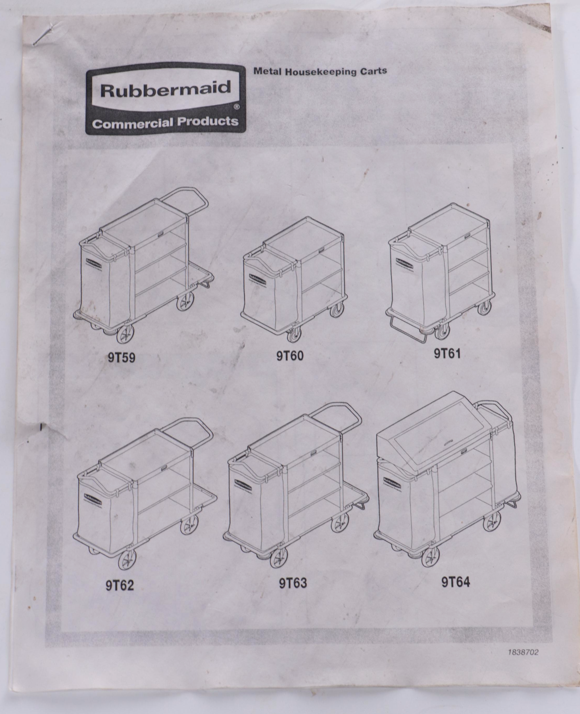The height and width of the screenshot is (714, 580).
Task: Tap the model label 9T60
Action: (290, 356)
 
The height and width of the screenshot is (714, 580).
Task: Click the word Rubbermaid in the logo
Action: (166, 89)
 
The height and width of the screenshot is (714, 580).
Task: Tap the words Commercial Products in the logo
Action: (165, 122)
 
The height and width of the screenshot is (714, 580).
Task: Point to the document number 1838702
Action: (523, 652)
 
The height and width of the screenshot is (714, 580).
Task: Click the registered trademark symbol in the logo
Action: (236, 107)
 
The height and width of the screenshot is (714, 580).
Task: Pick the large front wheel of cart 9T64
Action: (430, 558)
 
